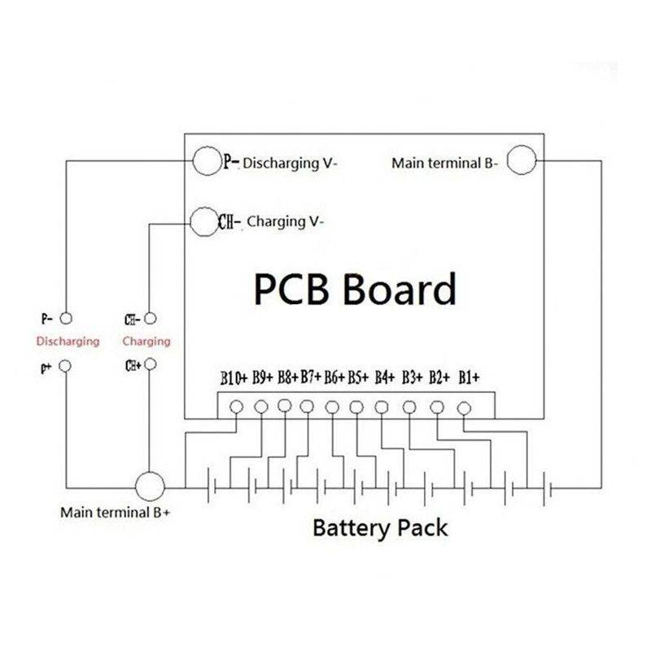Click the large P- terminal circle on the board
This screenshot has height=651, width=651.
(x=206, y=161)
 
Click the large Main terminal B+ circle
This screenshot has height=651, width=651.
(x=149, y=487)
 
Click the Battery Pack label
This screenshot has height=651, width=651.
(x=380, y=527)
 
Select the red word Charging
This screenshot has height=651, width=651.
(x=146, y=340)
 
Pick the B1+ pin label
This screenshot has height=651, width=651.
(x=470, y=378)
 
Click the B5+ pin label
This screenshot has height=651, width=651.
(x=359, y=378)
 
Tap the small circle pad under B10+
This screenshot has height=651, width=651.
(x=238, y=406)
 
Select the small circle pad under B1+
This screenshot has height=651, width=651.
(x=464, y=407)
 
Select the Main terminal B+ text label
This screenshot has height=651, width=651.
(x=115, y=513)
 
